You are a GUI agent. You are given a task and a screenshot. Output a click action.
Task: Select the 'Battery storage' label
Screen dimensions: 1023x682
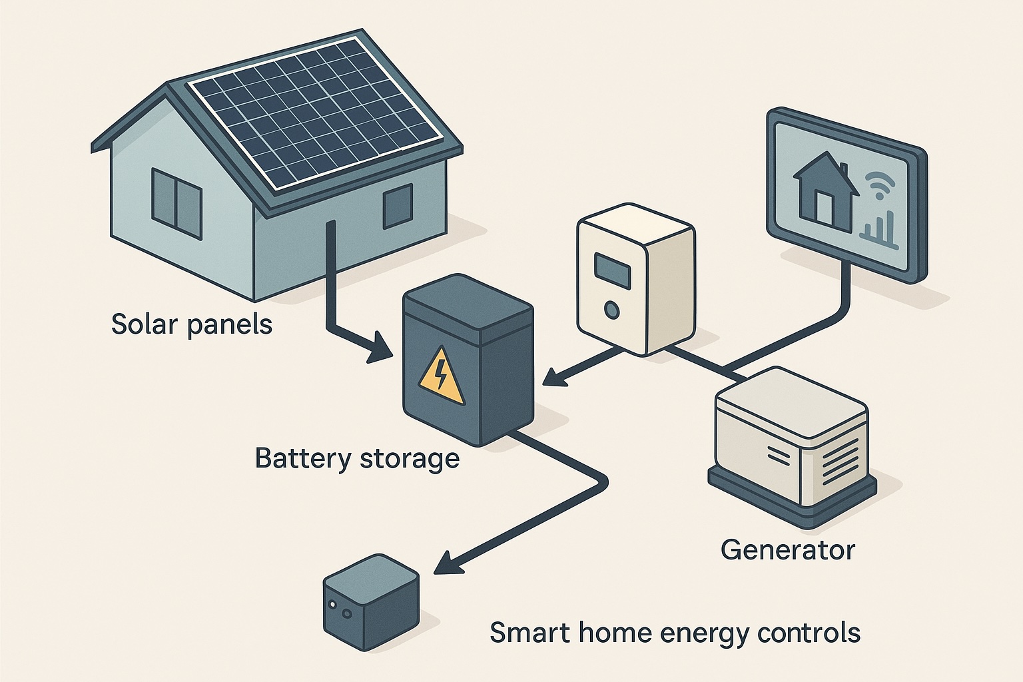(357, 459)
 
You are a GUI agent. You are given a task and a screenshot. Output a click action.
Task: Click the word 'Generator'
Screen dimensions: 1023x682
(787, 550)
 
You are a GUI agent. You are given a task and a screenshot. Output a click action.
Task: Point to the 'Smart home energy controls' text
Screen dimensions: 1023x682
(675, 633)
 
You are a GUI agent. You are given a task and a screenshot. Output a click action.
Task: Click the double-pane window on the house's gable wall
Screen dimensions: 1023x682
(176, 204)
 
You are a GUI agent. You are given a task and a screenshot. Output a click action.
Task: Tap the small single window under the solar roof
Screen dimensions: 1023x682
(398, 206)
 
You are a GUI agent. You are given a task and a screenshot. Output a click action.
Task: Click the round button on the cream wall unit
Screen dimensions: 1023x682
(611, 310)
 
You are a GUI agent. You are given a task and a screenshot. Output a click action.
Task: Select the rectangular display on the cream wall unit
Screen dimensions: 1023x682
(612, 271)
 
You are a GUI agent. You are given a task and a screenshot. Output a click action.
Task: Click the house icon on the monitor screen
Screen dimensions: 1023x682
(826, 190)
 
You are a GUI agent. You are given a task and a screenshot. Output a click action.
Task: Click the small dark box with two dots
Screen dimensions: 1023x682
(371, 601)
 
